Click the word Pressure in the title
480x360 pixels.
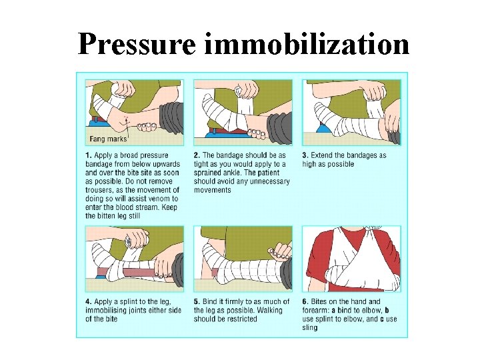point(137,44)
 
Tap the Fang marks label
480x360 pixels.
point(108,139)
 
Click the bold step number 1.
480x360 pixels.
point(88,155)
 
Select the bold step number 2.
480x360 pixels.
point(197,155)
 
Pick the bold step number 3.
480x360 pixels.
point(305,155)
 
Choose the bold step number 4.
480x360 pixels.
point(88,301)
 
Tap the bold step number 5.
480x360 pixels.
point(197,301)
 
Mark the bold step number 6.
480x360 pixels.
point(305,301)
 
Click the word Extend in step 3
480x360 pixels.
point(321,155)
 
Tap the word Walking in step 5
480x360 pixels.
point(269,311)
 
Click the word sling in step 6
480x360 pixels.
point(310,328)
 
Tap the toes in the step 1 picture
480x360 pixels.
point(147,126)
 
